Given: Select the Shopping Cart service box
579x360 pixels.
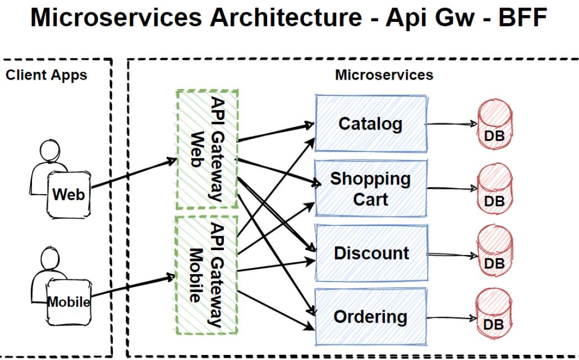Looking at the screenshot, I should point(370,189).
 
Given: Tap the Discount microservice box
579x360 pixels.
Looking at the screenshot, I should point(371,253).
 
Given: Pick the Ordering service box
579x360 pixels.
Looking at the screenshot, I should point(370,317).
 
